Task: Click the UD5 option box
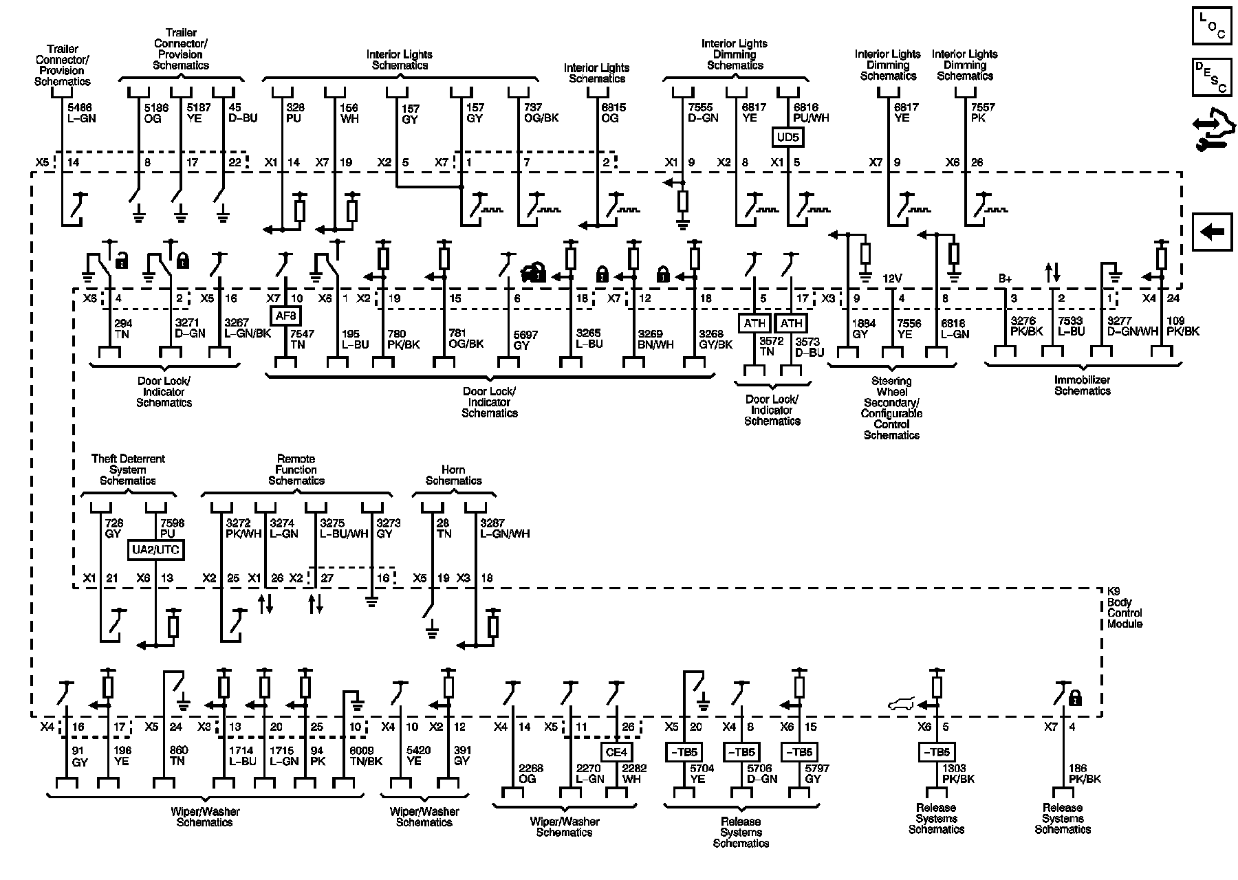click(788, 137)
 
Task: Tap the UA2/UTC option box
click(157, 550)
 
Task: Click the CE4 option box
click(616, 751)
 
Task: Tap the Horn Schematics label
click(453, 475)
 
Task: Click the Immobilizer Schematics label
click(1082, 386)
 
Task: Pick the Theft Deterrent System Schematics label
click(128, 470)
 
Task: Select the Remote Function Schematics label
click(296, 470)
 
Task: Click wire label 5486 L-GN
click(81, 113)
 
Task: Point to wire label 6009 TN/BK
click(365, 756)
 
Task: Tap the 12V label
click(892, 278)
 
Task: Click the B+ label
click(1005, 278)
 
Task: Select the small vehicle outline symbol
click(902, 704)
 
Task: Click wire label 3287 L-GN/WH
click(505, 528)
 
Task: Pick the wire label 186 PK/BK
click(1085, 773)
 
